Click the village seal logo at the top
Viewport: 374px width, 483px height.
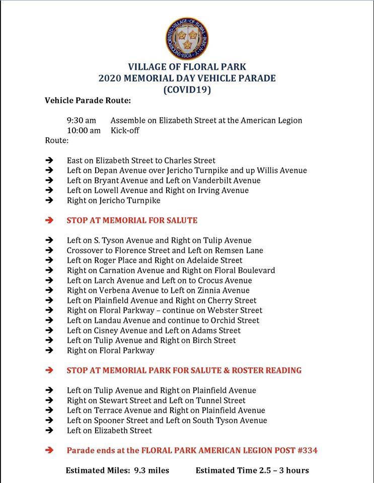pos(187,39)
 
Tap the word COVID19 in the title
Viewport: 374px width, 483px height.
pos(187,90)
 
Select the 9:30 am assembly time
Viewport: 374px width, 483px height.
pos(81,120)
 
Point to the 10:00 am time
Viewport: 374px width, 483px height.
pos(84,130)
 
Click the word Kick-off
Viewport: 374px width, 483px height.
pos(125,130)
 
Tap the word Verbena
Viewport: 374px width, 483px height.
pos(115,290)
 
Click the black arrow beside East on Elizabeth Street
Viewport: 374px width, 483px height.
pos(49,160)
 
